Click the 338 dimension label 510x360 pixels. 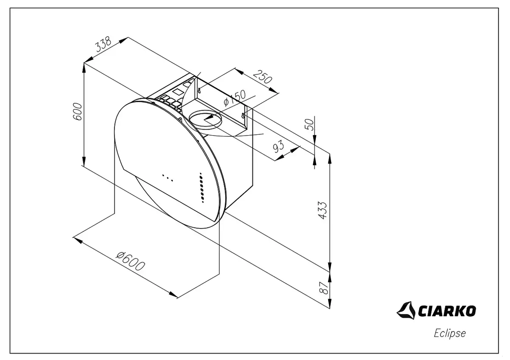pos(103,44)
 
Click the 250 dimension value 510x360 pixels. pos(263,77)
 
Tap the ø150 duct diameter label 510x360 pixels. pos(235,98)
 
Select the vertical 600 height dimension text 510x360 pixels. pos(77,112)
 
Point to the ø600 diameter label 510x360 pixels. pos(130,261)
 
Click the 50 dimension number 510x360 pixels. pos(309,125)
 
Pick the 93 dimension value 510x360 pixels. pos(279,146)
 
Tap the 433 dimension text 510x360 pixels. pos(322,210)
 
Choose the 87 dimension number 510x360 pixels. pos(323,288)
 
